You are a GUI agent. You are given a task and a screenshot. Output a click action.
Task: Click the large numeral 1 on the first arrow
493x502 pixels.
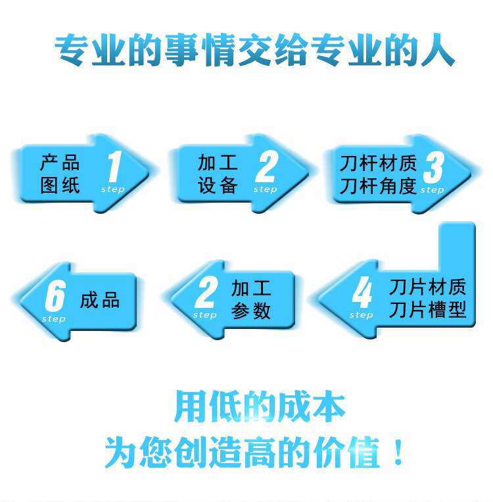tap(114, 166)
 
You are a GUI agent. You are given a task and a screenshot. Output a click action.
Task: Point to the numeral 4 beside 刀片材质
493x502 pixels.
tap(362, 293)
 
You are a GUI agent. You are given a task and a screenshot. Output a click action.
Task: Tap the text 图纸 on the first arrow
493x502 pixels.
tap(59, 185)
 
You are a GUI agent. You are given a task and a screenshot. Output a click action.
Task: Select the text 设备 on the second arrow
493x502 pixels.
tap(218, 185)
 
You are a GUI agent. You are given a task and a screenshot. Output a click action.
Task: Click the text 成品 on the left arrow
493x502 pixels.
tap(100, 301)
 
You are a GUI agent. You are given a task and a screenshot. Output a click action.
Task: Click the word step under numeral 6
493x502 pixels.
tap(54, 319)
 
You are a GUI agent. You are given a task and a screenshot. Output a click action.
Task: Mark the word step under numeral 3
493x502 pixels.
tap(432, 190)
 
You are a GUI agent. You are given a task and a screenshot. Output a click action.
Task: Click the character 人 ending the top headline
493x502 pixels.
tap(436, 51)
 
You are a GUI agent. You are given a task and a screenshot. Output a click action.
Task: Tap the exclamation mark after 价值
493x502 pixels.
tap(398, 454)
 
